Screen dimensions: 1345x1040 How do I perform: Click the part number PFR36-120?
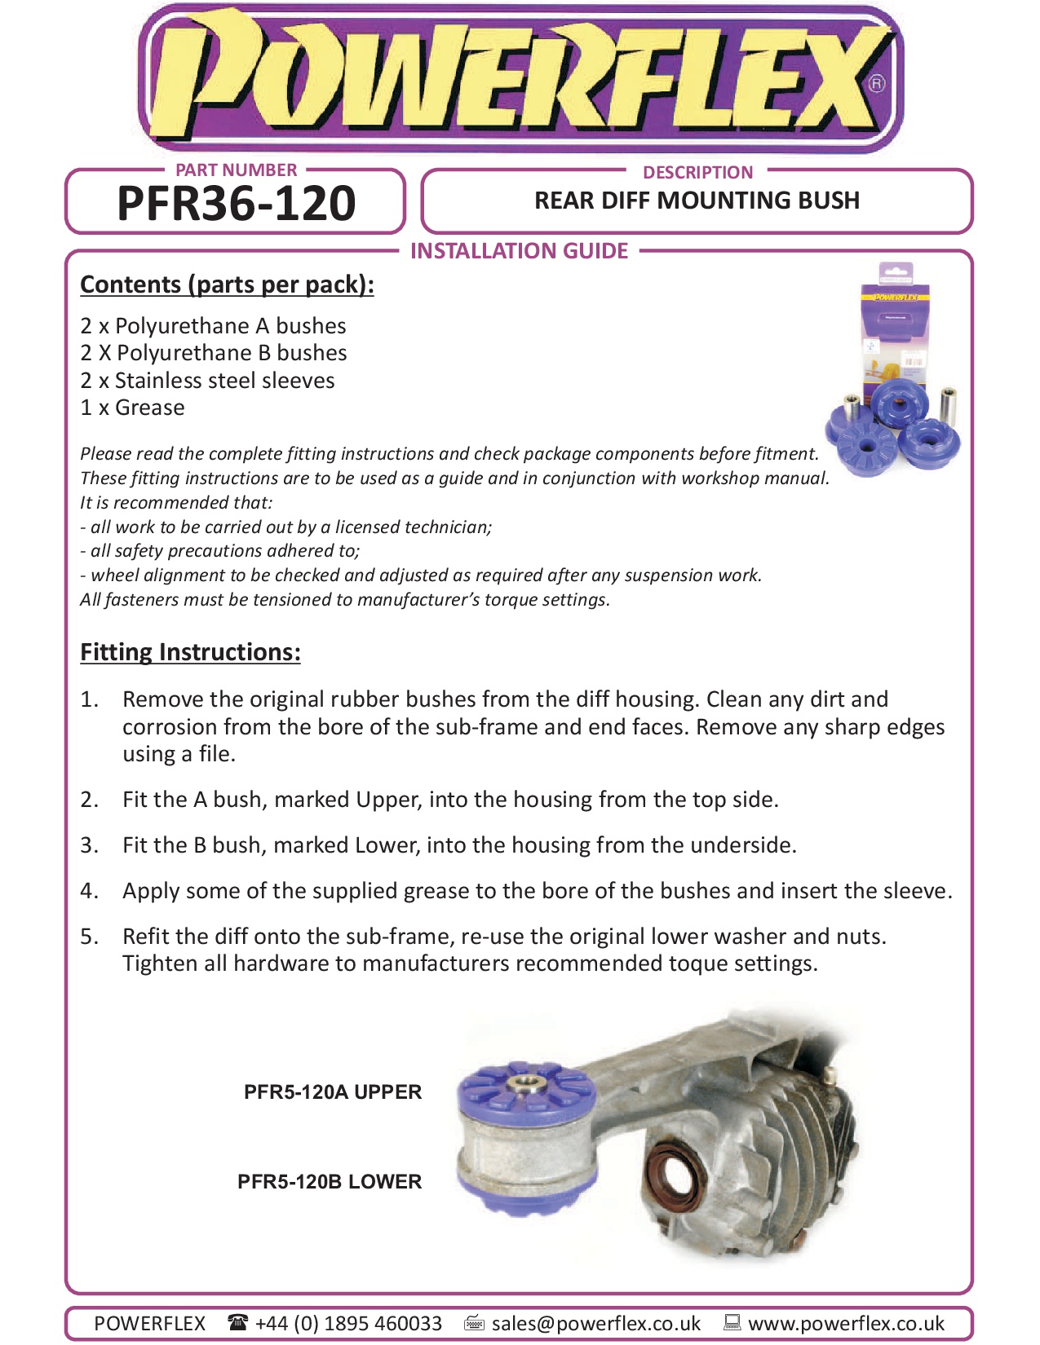point(236,204)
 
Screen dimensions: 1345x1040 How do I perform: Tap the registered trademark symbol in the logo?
point(876,83)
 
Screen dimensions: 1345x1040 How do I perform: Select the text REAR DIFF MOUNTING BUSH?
point(697,201)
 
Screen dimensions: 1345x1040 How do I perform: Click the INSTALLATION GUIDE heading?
point(519,251)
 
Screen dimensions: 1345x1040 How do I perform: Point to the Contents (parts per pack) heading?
point(227,284)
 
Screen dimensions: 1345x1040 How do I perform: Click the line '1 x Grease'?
point(132,408)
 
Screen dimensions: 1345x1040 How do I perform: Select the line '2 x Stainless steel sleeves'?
point(207,381)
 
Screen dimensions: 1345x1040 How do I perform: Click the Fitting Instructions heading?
point(190,652)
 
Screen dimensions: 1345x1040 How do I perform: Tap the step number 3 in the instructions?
point(89,845)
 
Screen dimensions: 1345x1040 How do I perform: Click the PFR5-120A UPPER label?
point(333,1092)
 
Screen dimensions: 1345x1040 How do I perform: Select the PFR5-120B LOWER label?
point(330,1182)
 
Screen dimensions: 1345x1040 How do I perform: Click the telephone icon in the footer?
point(237,1322)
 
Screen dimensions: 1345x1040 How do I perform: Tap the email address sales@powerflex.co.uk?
point(595,1323)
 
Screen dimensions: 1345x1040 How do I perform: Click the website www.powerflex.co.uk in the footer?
point(846,1323)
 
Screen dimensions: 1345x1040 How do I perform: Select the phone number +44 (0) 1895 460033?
point(348,1323)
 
